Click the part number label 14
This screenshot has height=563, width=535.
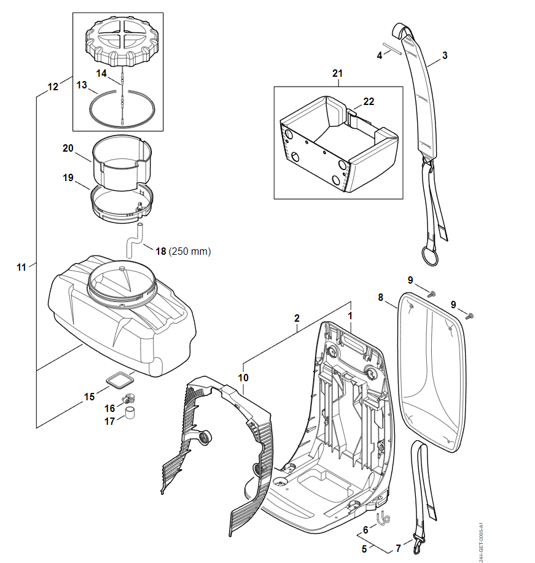tap(101, 72)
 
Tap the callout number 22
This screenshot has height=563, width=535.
tap(369, 102)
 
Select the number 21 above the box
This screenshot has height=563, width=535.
tap(337, 74)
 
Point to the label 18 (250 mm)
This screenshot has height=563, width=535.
tap(183, 251)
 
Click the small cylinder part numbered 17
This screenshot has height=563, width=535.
tap(131, 412)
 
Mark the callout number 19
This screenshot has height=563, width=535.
tap(68, 177)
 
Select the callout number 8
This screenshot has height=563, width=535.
tap(381, 297)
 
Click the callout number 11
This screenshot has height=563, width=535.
tap(21, 267)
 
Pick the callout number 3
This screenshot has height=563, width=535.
tap(445, 55)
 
